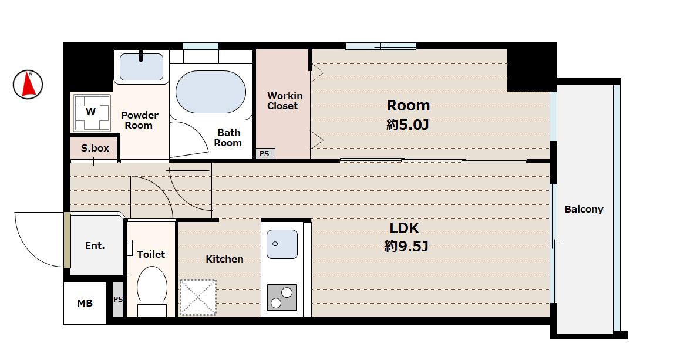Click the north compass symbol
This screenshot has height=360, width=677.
(28, 84)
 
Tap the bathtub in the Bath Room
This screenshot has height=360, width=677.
(211, 92)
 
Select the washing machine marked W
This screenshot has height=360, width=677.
(91, 112)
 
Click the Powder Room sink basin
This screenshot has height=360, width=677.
(141, 67)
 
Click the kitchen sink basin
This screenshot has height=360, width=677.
(282, 244)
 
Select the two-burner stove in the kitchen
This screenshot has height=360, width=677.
(281, 297)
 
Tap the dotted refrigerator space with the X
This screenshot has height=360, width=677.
(198, 297)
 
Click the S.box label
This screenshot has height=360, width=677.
(95, 148)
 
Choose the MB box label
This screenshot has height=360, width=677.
(85, 303)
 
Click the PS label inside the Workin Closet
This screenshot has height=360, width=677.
(264, 154)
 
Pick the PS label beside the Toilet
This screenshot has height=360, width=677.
(118, 299)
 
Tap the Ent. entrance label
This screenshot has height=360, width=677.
(95, 245)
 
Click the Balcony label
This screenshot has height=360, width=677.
(584, 209)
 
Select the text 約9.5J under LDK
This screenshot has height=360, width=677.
(406, 247)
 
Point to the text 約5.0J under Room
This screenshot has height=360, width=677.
(407, 125)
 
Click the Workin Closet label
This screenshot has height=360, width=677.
(285, 100)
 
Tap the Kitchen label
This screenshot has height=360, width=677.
(224, 259)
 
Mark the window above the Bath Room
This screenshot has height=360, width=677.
(201, 46)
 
